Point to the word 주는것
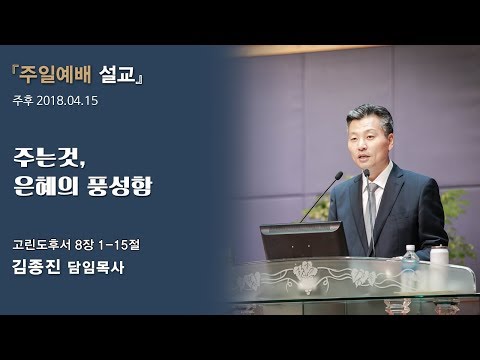click(56, 159)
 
